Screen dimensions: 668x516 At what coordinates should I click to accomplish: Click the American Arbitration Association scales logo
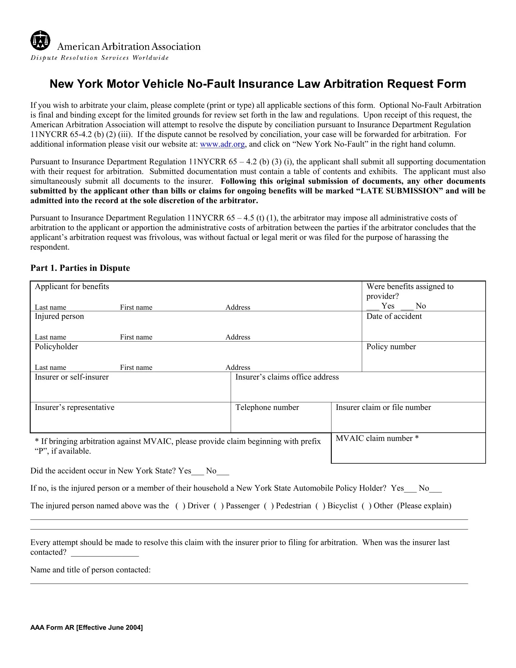(x=40, y=40)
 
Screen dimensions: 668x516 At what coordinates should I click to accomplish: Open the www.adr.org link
(x=222, y=144)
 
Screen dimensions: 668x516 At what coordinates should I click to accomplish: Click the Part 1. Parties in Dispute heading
(x=80, y=268)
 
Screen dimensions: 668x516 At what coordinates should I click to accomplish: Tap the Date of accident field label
(x=394, y=316)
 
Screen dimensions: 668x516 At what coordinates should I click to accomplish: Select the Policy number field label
(x=391, y=346)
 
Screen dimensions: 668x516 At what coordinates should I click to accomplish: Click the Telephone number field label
(x=267, y=407)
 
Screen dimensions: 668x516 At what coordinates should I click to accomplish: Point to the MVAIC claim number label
(x=377, y=438)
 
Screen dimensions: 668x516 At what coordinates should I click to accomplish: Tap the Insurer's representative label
(x=74, y=407)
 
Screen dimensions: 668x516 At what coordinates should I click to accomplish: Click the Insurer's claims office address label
(x=287, y=377)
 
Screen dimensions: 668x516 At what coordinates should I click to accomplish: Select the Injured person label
(x=59, y=316)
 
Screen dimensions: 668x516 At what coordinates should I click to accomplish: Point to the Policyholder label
(x=56, y=346)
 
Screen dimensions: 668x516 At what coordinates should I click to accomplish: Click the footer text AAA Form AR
(x=87, y=628)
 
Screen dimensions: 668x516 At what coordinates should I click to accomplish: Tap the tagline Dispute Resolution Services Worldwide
(x=99, y=58)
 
